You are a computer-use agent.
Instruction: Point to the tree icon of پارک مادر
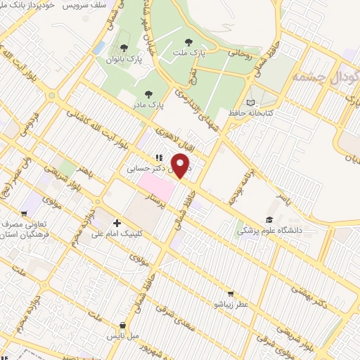pos(148,93)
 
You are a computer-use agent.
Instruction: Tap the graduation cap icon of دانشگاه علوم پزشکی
pos(268,220)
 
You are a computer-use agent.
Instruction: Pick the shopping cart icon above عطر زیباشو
pos(230,294)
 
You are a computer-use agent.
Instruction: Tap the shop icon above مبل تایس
pos(124,326)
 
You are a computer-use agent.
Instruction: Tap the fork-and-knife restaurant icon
pos(160,158)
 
